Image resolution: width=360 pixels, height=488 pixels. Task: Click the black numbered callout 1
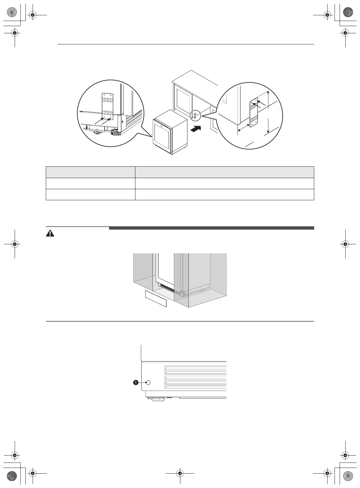[x=136, y=382]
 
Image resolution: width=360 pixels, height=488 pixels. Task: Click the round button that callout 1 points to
[x=148, y=382]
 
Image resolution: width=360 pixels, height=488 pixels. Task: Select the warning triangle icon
[x=50, y=234]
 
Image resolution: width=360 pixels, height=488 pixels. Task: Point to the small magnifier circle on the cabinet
[x=194, y=115]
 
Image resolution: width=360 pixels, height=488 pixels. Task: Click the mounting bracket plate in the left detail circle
[x=108, y=106]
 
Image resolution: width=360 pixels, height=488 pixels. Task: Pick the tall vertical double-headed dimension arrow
[x=268, y=112]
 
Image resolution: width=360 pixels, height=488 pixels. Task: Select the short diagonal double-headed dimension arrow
[x=244, y=128]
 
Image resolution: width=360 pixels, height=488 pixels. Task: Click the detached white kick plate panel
[x=155, y=299]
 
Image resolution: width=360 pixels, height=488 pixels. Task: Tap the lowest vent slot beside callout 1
[x=195, y=387]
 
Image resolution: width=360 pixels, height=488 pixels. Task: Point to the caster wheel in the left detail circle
[x=97, y=131]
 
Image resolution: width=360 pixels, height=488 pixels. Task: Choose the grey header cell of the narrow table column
[x=90, y=172]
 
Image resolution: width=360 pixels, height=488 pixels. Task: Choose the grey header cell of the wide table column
[x=224, y=172]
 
